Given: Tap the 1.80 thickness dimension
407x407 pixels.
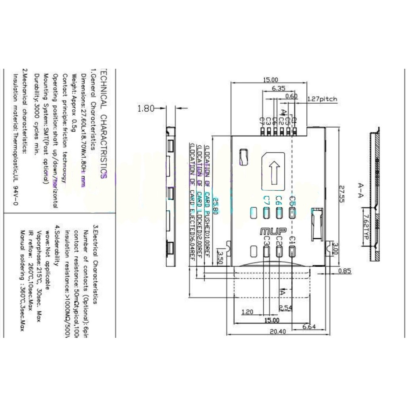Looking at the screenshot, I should point(145,108).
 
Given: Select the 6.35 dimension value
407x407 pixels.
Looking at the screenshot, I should point(278,89).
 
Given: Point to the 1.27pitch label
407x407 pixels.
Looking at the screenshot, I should point(322,99).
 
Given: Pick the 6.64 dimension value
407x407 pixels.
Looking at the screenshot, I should point(309,326).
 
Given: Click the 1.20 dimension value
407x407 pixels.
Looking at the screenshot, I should point(247,312).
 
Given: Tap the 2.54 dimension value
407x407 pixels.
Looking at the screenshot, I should point(286,308).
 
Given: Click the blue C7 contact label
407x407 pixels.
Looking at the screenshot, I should point(267,200).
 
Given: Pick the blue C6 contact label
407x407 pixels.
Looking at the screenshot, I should point(279,200).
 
